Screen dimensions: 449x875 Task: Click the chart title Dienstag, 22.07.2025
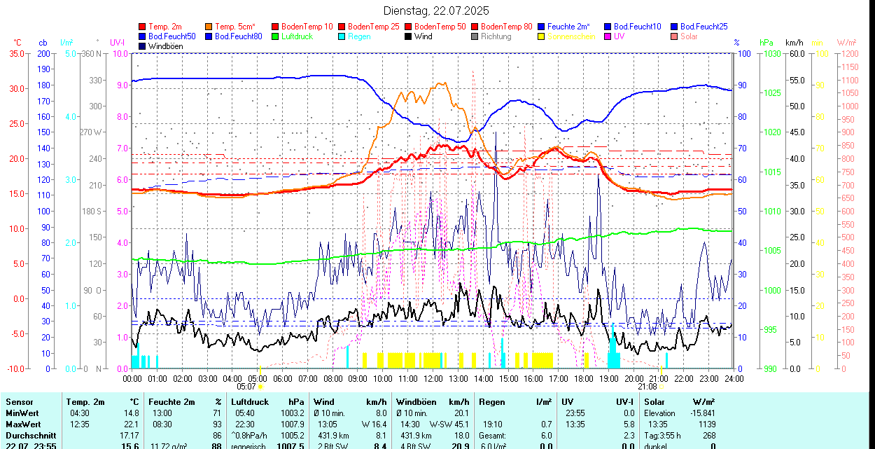pos(436,11)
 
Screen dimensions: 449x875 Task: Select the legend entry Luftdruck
pos(296,36)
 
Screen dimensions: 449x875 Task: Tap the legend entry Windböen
pos(166,46)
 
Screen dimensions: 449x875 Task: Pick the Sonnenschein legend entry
pos(571,36)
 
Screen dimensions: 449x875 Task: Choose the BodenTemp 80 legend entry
pos(506,27)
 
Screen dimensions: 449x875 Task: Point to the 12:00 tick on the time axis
pos(433,378)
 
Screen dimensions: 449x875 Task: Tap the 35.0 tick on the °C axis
pos(15,53)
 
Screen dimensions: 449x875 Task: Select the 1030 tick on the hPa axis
pos(772,53)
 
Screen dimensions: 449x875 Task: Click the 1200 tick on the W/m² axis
pos(849,53)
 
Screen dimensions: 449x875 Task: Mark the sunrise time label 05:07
pos(246,386)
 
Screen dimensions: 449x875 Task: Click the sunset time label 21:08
pos(647,386)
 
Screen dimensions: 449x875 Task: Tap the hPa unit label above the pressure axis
pos(765,43)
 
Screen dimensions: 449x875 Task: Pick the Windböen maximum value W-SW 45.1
pos(450,424)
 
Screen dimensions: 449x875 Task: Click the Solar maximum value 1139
pos(708,424)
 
